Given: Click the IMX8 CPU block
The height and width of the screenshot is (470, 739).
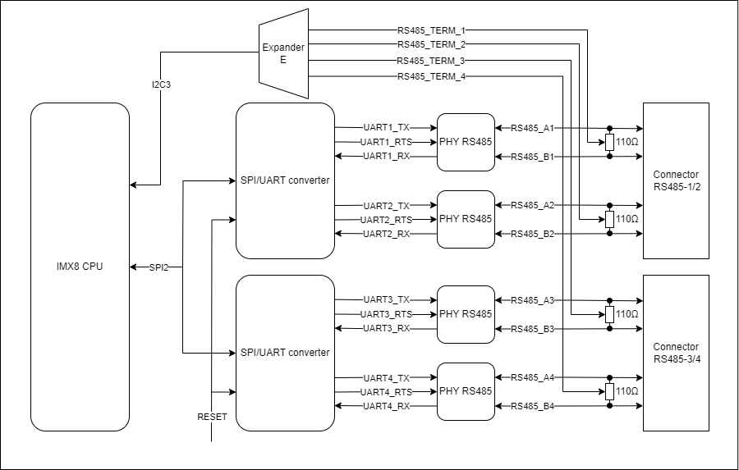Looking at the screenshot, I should pos(80,267).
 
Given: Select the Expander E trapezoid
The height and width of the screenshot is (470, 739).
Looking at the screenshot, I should pos(283,52).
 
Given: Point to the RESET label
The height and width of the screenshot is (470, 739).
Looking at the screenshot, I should pos(212,417).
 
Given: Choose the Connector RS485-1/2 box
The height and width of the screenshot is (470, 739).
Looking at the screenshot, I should pos(676,180).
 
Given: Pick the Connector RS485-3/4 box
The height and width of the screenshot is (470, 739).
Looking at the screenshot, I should pos(676,353).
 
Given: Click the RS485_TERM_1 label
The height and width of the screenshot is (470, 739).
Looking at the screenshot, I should pos(431,30).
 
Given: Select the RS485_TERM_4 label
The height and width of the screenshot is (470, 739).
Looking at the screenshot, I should pos(431,76).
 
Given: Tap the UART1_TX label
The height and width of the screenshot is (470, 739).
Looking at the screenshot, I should pos(386,128).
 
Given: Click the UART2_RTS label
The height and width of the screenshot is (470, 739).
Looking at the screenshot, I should pos(386,220).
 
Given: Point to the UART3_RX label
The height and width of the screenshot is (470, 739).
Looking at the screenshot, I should pos(386,329).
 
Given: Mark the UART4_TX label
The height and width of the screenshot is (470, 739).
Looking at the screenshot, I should pos(386,378).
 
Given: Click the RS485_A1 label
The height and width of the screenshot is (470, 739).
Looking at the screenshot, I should pos(533,128).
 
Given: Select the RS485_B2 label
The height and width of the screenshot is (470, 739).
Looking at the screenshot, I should pos(533,235).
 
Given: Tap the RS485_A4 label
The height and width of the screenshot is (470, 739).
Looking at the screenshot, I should pos(533,378).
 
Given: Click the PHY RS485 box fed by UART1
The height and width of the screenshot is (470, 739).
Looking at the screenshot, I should pos(466,142).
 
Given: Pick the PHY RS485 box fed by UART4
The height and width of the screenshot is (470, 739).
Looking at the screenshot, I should pos(466,391).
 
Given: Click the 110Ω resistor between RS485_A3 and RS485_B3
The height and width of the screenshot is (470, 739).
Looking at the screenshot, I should pos(609,314).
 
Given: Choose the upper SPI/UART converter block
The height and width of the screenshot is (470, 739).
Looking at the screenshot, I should pos(285,180).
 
